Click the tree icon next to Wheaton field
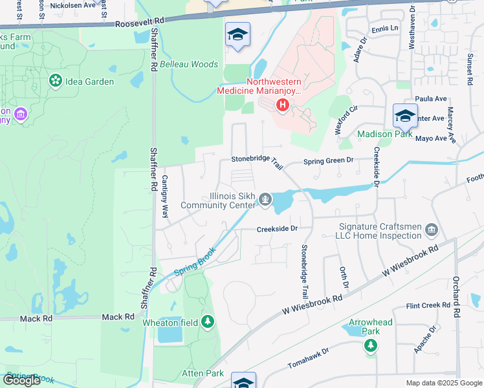click(207, 321)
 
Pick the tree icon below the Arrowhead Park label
click(371, 346)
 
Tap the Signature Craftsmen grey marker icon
click(432, 229)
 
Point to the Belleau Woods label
click(189, 65)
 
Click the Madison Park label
click(385, 134)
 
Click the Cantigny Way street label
click(165, 195)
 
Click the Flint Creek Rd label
click(428, 305)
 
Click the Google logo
click(23, 380)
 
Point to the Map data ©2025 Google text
click(444, 383)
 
